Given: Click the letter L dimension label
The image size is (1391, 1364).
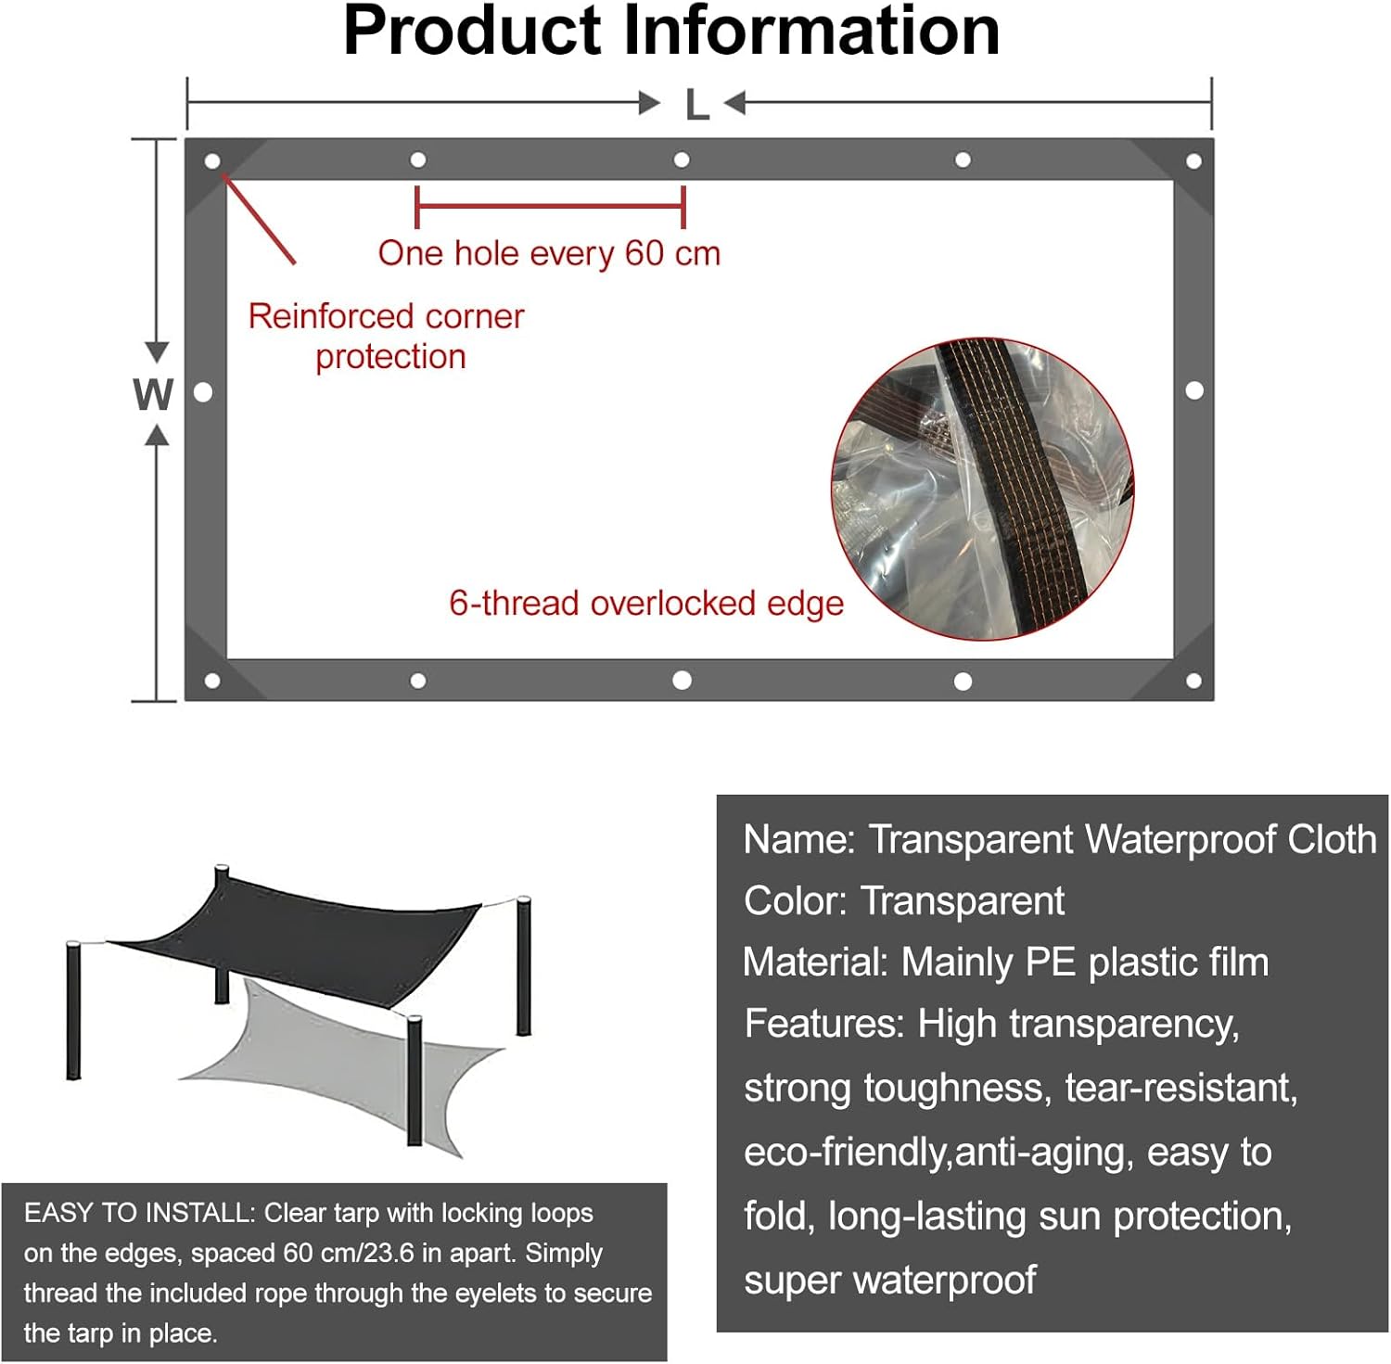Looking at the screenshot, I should [x=696, y=105].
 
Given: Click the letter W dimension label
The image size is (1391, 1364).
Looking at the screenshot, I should [x=153, y=395].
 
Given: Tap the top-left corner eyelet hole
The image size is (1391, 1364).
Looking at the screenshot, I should [x=212, y=161].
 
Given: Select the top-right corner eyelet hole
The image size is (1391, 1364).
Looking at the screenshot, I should [x=1193, y=161].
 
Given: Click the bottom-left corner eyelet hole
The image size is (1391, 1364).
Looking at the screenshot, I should [x=212, y=682].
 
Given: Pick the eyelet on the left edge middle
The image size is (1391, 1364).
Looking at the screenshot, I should [x=204, y=392].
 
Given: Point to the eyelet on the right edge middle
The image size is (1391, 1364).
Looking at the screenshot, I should [x=1194, y=390].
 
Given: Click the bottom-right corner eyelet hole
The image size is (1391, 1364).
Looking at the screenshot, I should [x=1193, y=682].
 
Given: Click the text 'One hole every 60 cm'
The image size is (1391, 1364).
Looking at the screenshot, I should [x=549, y=253].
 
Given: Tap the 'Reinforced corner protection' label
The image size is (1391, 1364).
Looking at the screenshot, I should [x=387, y=336].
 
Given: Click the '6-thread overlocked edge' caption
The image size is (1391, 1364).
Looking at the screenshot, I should [x=646, y=604].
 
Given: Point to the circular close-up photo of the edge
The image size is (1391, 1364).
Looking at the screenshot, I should [x=982, y=489].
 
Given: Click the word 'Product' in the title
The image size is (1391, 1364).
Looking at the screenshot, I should [x=473, y=32].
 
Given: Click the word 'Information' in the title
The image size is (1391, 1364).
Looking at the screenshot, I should [x=811, y=32].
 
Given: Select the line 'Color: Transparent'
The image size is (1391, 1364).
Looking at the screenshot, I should [x=904, y=901].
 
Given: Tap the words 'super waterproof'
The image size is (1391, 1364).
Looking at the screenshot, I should [x=889, y=1280].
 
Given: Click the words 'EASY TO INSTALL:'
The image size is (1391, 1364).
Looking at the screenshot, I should [x=139, y=1213].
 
